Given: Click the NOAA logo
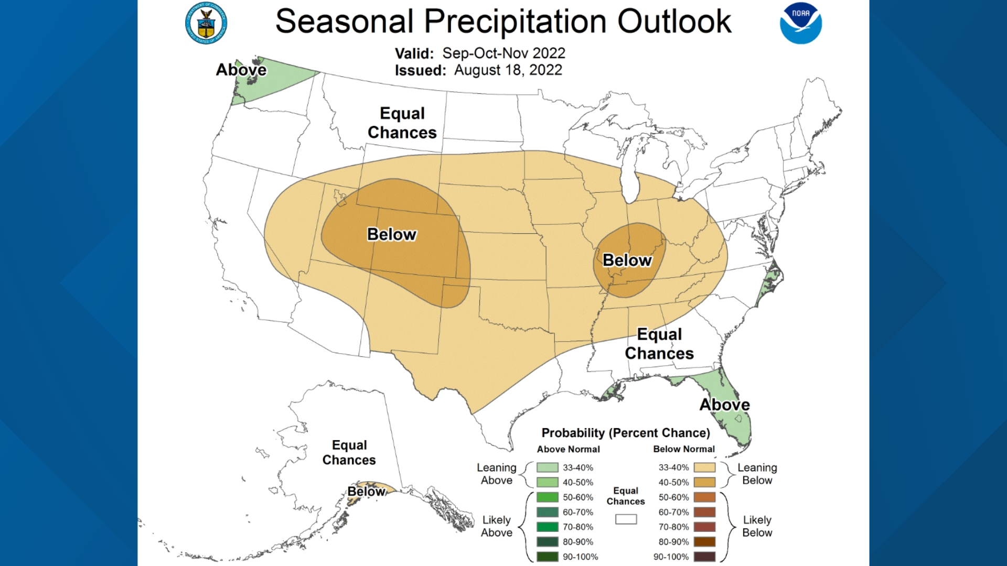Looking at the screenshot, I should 800,24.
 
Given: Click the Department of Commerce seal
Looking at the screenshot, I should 206,24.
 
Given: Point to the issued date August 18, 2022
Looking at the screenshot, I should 508,70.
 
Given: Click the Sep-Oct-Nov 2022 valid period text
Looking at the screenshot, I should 504,53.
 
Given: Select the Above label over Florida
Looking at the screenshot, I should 724,405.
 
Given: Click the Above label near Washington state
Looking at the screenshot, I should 241,70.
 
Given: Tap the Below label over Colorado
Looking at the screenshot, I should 392,234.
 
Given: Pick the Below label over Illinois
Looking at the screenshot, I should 627,260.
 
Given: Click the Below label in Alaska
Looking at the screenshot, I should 366,492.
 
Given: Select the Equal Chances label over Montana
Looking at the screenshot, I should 402,123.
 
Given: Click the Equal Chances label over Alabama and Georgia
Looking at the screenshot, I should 659,344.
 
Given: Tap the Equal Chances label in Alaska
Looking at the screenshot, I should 349,453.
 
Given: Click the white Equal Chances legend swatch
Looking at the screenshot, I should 626,519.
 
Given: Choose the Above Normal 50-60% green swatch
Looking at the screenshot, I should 547,497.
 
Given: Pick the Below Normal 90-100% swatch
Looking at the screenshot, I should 704,557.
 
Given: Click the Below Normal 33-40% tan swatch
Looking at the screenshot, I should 704,467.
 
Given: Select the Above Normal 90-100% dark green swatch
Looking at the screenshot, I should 547,557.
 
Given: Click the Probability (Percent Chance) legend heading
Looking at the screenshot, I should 626,433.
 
